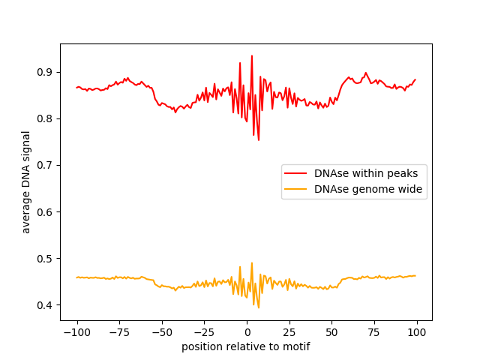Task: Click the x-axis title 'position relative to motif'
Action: (x=246, y=346)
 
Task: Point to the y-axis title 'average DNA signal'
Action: (x=26, y=182)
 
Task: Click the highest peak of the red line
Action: (x=251, y=55)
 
